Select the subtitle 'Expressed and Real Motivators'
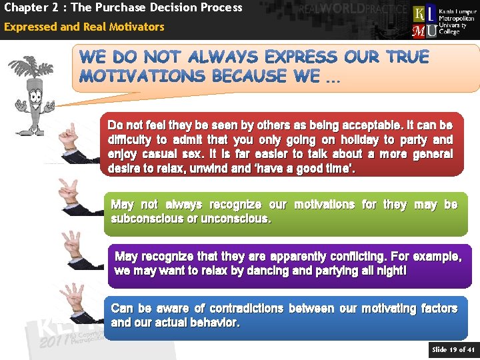(84, 27)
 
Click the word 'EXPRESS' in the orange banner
(302, 57)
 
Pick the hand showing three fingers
(73, 247)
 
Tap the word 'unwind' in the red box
(209, 169)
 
